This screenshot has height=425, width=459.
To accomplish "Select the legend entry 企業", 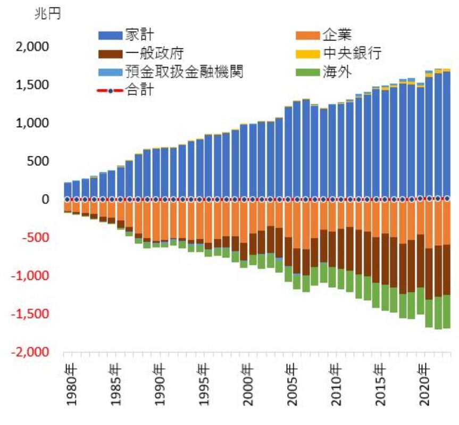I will coord(336,35).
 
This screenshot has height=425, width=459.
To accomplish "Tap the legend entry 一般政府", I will coord(154,54).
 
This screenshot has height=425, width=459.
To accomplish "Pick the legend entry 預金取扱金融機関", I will coord(183,72).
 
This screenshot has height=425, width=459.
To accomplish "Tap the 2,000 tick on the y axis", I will coord(32,47).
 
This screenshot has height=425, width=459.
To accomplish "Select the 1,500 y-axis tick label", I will coord(32,85).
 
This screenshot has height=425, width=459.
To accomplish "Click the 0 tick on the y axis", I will coord(45,199).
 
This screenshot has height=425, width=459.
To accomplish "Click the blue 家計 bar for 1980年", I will coord(68,190).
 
